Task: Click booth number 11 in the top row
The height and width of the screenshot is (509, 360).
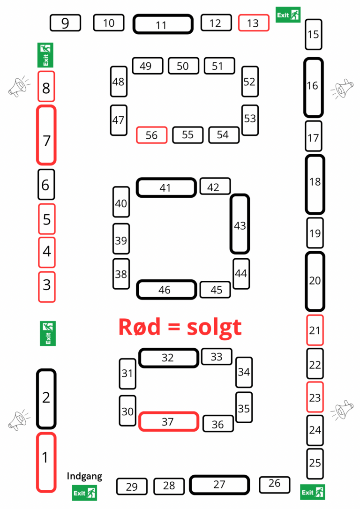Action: (x=163, y=24)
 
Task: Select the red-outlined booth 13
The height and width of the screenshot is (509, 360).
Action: (x=254, y=22)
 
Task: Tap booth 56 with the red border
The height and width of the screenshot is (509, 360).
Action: (x=151, y=135)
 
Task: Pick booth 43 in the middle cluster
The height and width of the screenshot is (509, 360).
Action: (x=240, y=224)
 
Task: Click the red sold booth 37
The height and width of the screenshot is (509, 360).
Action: (x=169, y=422)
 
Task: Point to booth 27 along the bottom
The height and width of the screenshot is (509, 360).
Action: (x=219, y=485)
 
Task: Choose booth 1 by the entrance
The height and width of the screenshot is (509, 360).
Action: (x=46, y=462)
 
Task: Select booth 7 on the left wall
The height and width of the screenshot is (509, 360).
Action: (x=46, y=135)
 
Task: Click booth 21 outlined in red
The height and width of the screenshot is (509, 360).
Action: (x=315, y=330)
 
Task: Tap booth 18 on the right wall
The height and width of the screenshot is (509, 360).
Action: (x=315, y=184)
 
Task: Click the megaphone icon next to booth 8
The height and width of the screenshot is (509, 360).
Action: (x=19, y=86)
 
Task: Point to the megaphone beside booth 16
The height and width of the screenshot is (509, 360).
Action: (x=342, y=89)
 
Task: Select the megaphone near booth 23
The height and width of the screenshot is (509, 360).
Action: (x=342, y=410)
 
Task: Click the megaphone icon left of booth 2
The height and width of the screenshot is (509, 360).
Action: (x=19, y=420)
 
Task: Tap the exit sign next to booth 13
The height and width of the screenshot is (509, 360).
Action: (x=288, y=15)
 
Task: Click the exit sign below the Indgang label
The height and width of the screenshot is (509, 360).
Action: (x=84, y=493)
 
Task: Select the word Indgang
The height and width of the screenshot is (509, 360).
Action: (x=84, y=476)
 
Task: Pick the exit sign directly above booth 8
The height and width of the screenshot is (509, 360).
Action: (x=45, y=55)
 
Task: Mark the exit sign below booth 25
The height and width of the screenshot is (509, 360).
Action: (x=313, y=492)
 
